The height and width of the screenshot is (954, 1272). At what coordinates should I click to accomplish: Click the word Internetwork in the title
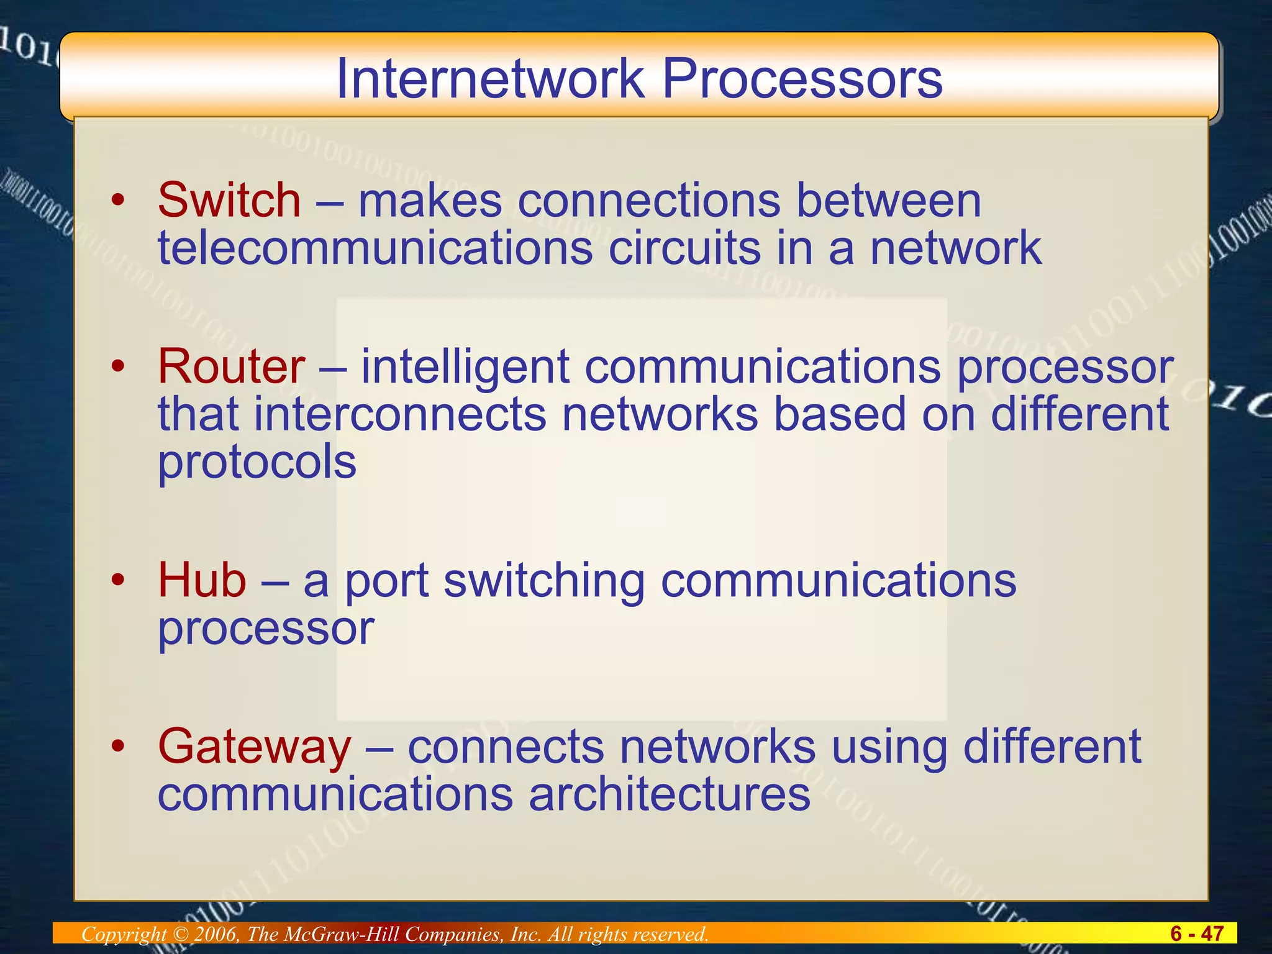[x=491, y=79]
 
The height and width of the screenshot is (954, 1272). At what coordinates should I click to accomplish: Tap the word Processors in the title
[x=802, y=79]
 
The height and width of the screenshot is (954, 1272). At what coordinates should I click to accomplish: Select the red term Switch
[x=229, y=201]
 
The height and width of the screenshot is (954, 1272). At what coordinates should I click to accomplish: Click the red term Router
[x=231, y=366]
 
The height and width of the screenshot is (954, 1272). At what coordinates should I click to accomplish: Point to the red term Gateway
[x=255, y=747]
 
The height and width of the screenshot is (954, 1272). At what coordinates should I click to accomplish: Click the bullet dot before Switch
[x=118, y=201]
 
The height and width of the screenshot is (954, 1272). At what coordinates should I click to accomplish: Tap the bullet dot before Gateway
[x=118, y=746]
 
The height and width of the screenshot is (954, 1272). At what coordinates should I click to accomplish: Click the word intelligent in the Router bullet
[x=465, y=366]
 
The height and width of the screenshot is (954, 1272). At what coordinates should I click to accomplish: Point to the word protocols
[x=257, y=463]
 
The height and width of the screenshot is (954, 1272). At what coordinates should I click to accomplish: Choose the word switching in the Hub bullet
[x=544, y=581]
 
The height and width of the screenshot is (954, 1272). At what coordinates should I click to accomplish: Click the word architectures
[x=670, y=794]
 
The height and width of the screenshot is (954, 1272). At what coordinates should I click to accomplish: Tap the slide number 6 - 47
[x=1196, y=934]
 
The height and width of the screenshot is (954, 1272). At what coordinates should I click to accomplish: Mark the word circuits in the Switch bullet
[x=684, y=248]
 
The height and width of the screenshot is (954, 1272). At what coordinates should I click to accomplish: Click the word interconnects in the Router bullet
[x=400, y=414]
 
